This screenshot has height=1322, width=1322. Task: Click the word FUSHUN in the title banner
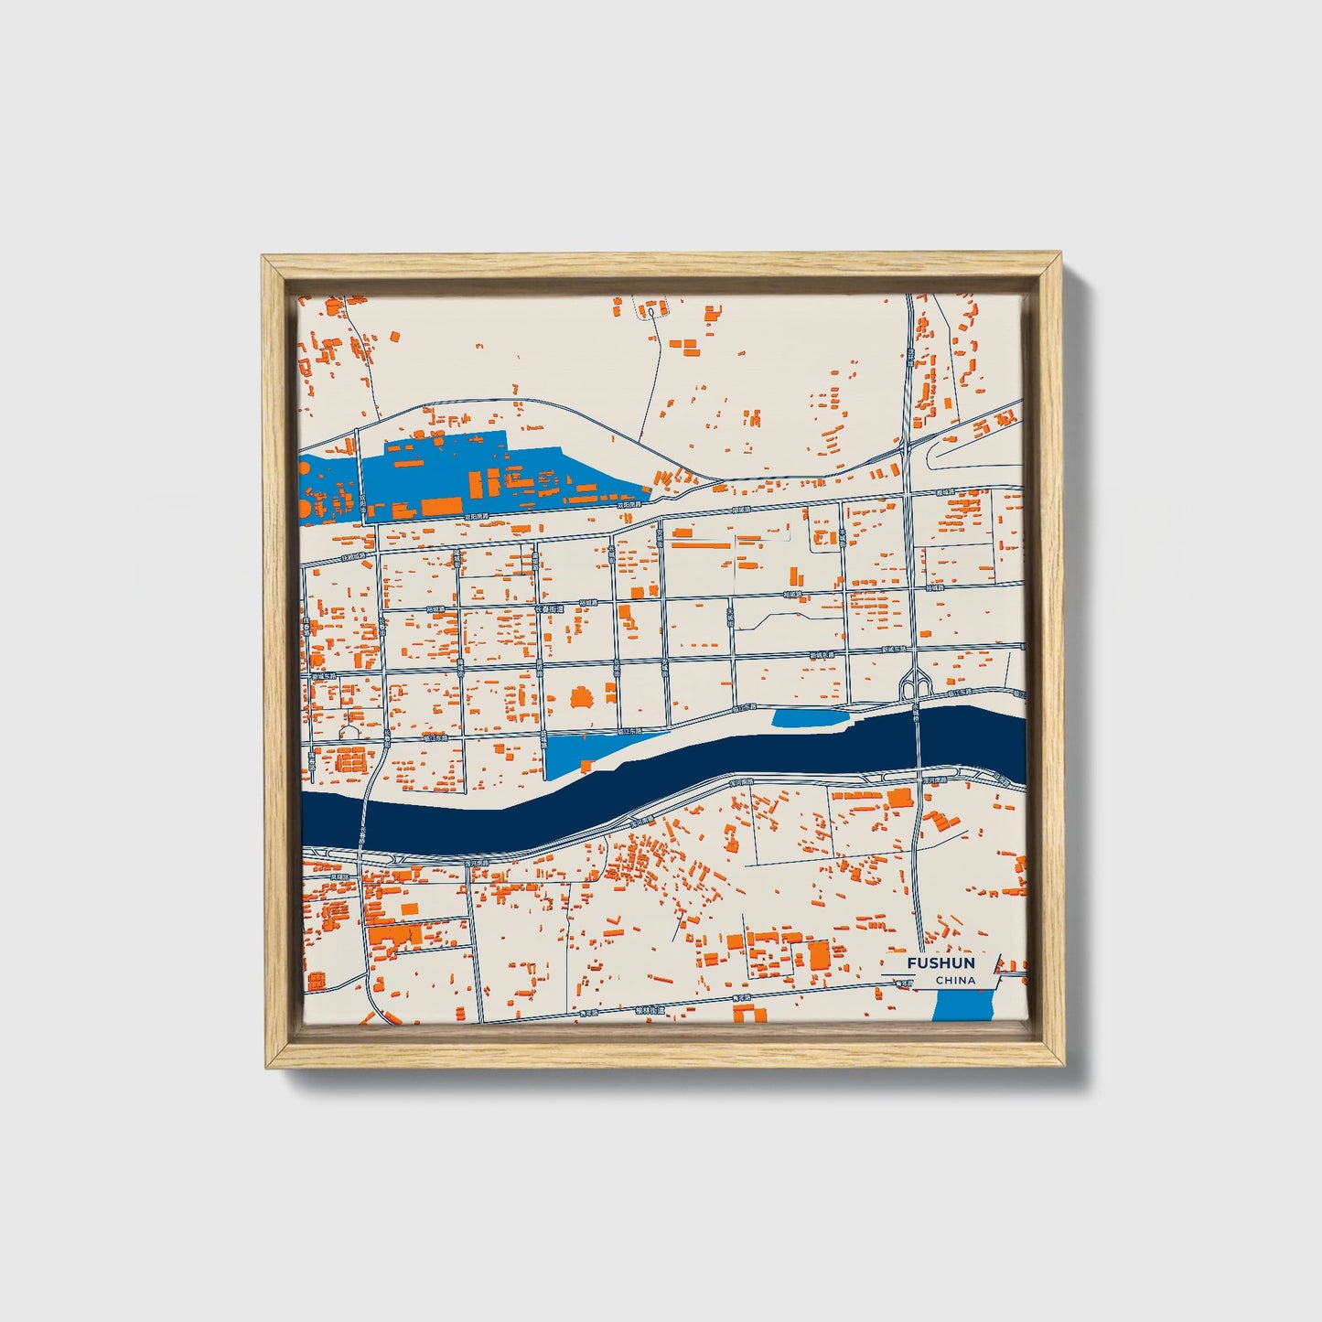940,963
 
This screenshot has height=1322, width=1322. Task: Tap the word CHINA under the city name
955,980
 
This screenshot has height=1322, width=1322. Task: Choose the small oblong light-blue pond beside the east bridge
810,718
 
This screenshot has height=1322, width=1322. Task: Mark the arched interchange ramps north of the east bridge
915,682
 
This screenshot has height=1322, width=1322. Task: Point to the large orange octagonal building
580,700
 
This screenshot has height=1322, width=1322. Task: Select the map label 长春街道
551,607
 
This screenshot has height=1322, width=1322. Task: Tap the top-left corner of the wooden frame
264,258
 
